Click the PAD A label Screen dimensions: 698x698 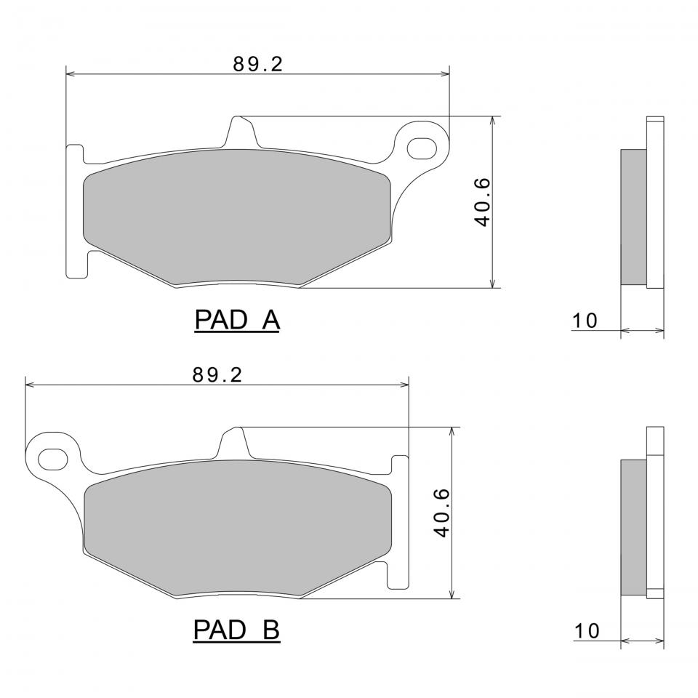237,320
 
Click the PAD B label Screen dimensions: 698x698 236,630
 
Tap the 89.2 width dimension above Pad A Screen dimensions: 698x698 257,65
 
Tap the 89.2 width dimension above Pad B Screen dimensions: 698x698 217,375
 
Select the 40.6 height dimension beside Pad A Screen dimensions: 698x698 483,202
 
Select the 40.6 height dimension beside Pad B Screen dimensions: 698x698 442,513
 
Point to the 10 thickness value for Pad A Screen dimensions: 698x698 585,321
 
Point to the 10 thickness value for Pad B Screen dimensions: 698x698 587,631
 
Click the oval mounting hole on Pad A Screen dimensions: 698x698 422,148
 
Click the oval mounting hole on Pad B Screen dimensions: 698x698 53,459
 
